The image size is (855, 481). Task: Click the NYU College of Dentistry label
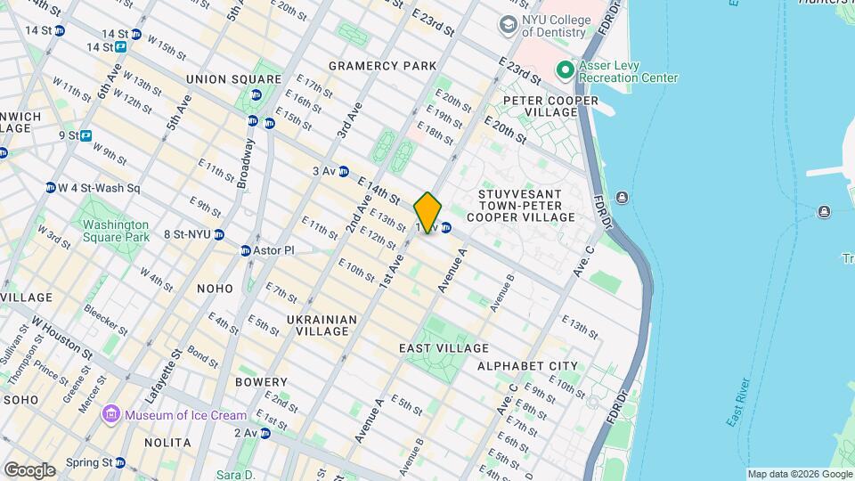point(554,26)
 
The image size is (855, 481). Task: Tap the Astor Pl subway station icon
point(245,250)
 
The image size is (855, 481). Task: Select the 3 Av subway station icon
point(343,171)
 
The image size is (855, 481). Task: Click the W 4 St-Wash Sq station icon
point(51,188)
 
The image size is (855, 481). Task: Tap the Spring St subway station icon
point(120,462)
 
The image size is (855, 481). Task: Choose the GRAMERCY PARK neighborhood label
point(382,66)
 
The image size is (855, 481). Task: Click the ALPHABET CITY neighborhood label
point(527,366)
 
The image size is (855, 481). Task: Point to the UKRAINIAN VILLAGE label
point(322,325)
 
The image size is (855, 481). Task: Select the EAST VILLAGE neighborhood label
point(444,348)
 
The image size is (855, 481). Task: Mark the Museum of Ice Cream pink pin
point(111,414)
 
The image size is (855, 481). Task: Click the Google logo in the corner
point(29,469)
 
